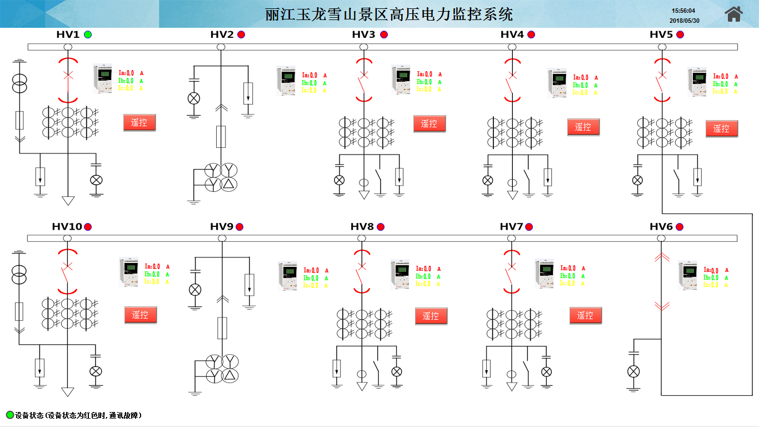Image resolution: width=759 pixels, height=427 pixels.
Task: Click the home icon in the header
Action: [733, 14]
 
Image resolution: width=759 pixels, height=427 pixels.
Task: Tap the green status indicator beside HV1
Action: [88, 34]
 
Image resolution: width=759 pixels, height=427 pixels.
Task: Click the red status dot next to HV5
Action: [680, 34]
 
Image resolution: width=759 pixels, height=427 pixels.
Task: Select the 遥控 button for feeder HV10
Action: [140, 315]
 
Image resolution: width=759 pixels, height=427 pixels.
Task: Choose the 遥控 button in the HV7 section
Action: [585, 316]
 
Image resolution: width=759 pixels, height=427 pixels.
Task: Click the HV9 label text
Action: [221, 227]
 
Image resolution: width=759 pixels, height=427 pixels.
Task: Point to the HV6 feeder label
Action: [661, 227]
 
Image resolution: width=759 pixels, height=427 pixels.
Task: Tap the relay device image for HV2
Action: [287, 81]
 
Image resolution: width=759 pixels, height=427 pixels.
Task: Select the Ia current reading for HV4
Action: [581, 78]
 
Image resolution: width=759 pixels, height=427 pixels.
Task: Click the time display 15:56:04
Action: [683, 11]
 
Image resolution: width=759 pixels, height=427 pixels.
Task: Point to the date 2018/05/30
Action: [684, 21]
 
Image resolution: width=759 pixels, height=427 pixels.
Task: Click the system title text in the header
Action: [389, 14]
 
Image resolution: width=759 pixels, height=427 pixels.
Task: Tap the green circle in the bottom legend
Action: [9, 415]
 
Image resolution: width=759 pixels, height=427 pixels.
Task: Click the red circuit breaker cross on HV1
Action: [68, 75]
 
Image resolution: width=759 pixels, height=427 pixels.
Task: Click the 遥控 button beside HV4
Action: [583, 127]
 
